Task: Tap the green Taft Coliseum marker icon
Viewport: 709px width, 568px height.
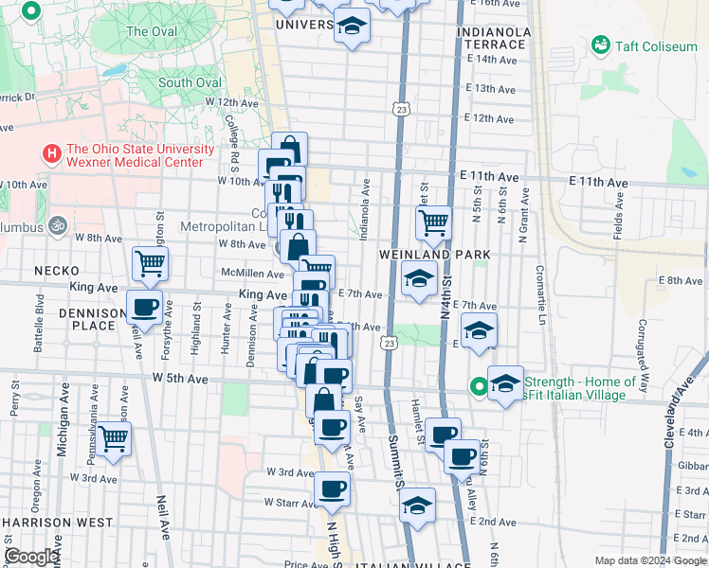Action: pyautogui.click(x=600, y=44)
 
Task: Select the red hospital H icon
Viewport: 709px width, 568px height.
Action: pyautogui.click(x=51, y=152)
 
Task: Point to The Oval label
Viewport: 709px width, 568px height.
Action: pyautogui.click(x=152, y=31)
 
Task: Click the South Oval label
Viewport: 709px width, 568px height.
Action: pyautogui.click(x=190, y=82)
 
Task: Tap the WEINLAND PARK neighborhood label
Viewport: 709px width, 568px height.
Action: pyautogui.click(x=435, y=255)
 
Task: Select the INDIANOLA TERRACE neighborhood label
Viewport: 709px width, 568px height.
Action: pyautogui.click(x=493, y=38)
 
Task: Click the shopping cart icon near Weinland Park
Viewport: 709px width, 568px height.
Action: pyautogui.click(x=433, y=223)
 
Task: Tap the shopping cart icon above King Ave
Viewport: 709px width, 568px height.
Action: pyautogui.click(x=150, y=264)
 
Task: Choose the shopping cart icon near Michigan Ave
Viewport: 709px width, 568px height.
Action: pyautogui.click(x=114, y=438)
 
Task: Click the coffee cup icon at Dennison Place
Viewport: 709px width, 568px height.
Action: pyautogui.click(x=145, y=308)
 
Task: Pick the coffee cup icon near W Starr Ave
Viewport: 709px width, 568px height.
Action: pyautogui.click(x=332, y=488)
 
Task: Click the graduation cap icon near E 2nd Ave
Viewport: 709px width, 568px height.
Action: pyautogui.click(x=417, y=505)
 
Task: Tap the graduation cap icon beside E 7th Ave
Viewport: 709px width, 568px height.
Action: pyautogui.click(x=416, y=280)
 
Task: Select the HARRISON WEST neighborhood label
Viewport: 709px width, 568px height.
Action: pyautogui.click(x=59, y=522)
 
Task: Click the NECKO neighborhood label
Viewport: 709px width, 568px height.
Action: pyautogui.click(x=56, y=270)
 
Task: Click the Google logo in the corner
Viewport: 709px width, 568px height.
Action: pyautogui.click(x=32, y=557)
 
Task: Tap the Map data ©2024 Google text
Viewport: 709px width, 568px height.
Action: pyautogui.click(x=650, y=560)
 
